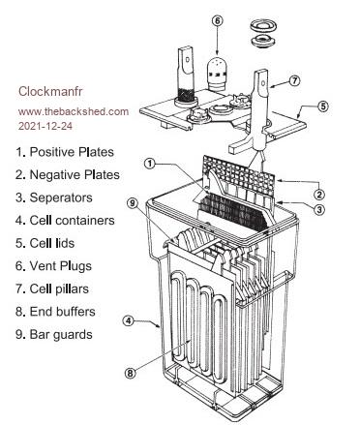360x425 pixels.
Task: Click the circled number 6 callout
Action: [218, 21]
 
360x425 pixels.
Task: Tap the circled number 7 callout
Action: [294, 80]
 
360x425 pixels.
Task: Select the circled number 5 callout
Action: [323, 106]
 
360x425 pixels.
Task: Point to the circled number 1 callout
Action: [150, 164]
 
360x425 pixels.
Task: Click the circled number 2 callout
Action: [318, 195]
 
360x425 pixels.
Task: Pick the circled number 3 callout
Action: [318, 210]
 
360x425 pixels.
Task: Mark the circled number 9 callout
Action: [133, 203]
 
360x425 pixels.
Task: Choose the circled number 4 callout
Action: [129, 321]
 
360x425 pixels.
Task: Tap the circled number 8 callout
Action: [130, 374]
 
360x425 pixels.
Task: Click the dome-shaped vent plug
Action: [217, 74]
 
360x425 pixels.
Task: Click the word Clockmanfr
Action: [50, 91]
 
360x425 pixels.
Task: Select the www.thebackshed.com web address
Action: [74, 111]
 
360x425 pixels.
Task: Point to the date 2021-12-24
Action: [45, 126]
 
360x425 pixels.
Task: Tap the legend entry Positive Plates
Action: [65, 152]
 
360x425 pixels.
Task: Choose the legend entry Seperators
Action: [54, 197]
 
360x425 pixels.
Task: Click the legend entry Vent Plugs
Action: [53, 266]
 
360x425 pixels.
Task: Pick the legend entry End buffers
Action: [55, 312]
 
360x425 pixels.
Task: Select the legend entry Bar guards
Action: [54, 335]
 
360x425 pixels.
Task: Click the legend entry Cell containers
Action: [65, 221]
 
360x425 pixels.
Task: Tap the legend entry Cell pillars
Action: [52, 288]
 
